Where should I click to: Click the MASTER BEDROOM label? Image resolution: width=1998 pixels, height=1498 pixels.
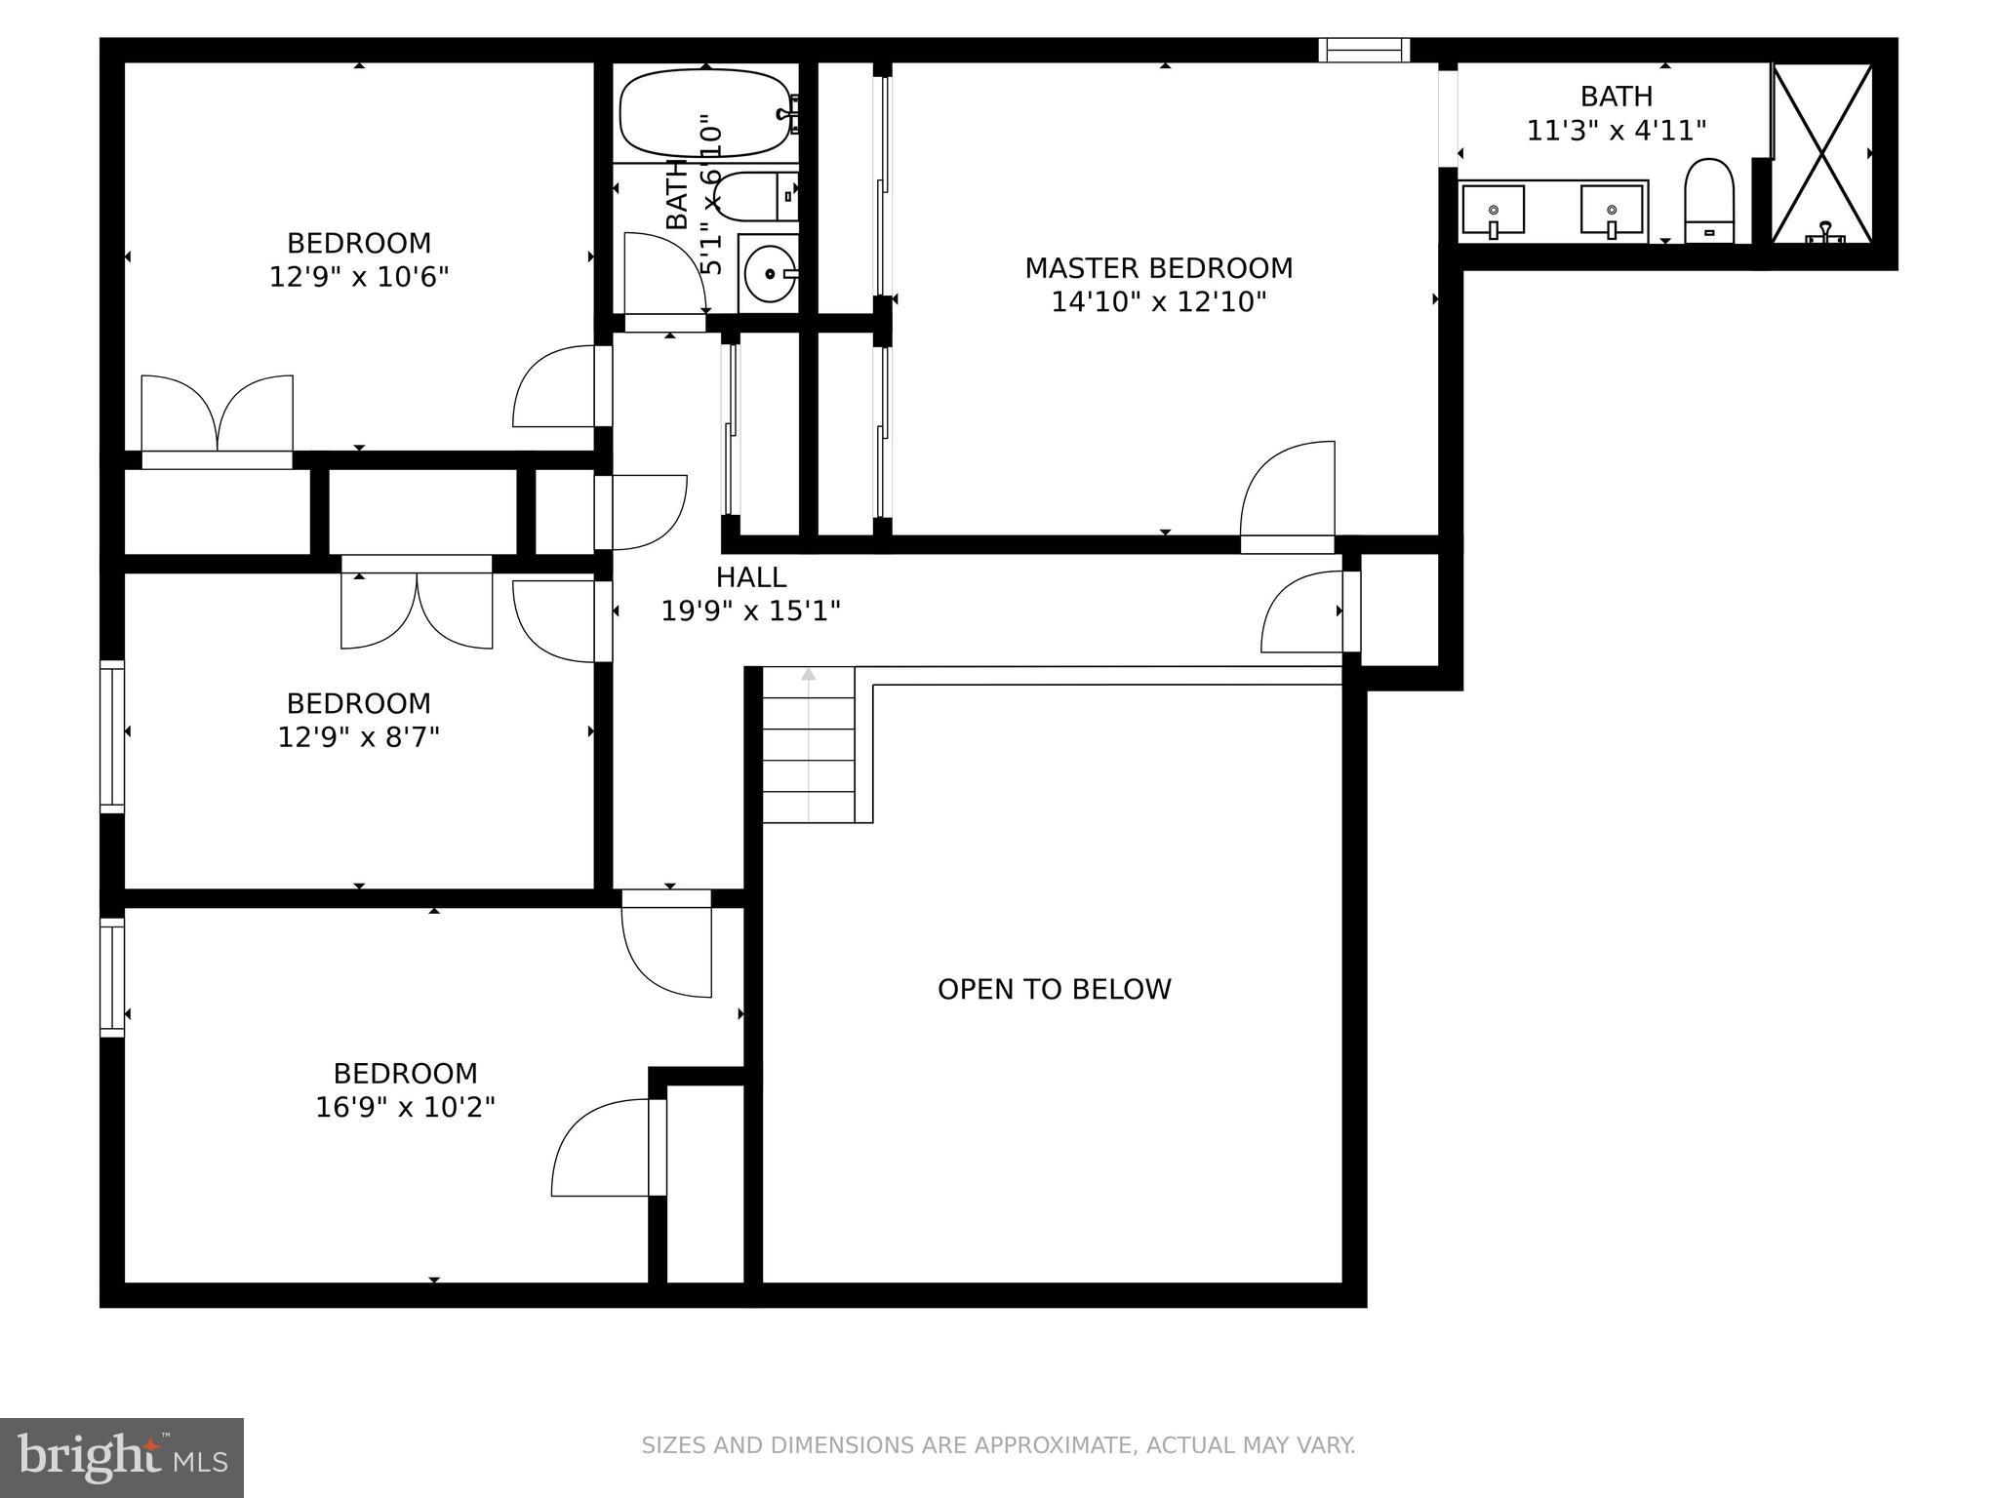1158,268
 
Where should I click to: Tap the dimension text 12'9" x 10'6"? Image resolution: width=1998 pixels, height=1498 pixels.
359,277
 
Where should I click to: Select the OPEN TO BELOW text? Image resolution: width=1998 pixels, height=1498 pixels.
1054,989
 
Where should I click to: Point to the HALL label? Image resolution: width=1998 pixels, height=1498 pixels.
751,577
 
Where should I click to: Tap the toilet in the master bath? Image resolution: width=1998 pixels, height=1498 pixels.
1709,200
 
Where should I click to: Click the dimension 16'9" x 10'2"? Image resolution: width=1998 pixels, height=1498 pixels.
405,1108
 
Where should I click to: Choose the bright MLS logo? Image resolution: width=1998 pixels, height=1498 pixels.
121,1457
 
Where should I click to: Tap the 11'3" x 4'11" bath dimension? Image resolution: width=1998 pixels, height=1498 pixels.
1616,131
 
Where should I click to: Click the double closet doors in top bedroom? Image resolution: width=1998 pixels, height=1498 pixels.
217,414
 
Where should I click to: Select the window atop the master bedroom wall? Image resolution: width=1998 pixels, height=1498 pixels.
1364,50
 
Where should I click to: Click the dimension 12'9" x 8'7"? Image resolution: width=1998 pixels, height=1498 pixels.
359,737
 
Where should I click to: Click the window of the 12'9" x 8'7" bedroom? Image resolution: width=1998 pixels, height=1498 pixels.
112,736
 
